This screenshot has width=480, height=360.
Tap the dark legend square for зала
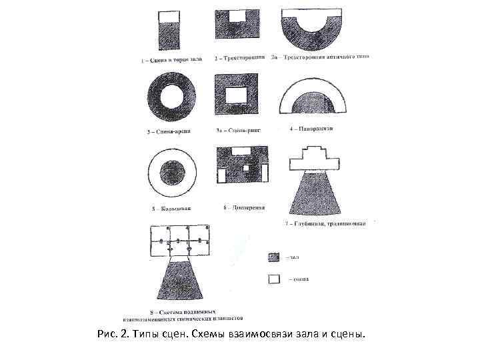pos(274,257)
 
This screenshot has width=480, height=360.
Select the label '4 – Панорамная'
pos(311,127)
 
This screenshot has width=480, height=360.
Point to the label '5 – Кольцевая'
pos(172,209)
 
